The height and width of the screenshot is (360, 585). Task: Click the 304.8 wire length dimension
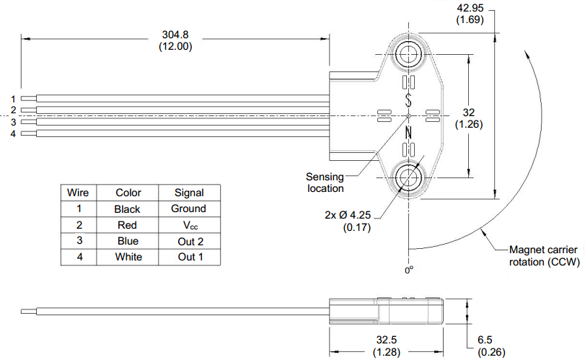pyautogui.click(x=175, y=40)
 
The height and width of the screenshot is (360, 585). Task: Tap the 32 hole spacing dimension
pyautogui.click(x=470, y=118)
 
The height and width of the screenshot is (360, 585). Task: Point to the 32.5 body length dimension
pyautogui.click(x=387, y=346)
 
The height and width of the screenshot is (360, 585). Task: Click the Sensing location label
pyautogui.click(x=325, y=183)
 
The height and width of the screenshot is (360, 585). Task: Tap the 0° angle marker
pyautogui.click(x=408, y=271)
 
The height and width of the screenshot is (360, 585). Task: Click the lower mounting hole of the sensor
pyautogui.click(x=409, y=176)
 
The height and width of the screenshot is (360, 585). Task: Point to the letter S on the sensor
pyautogui.click(x=409, y=98)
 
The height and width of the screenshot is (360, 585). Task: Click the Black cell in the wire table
pyautogui.click(x=128, y=208)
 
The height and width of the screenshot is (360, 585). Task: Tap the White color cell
pyautogui.click(x=128, y=257)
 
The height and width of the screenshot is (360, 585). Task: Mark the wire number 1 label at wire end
pyautogui.click(x=13, y=99)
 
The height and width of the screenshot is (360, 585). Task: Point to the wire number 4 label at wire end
pyautogui.click(x=13, y=133)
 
